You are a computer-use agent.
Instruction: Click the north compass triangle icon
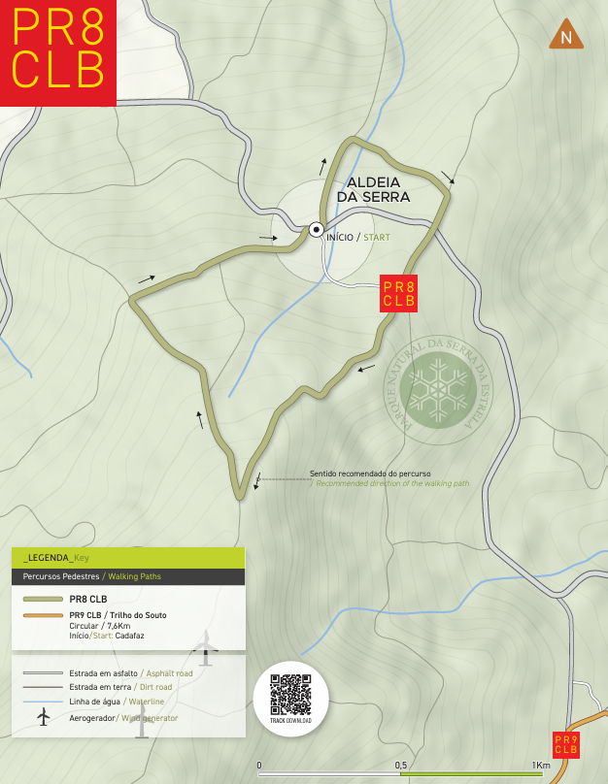point(565,36)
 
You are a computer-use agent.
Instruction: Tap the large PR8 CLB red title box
point(58,52)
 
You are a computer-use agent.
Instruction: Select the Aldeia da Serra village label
point(373,189)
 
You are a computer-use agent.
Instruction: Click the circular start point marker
point(316,230)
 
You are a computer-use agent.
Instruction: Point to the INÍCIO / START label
point(358,237)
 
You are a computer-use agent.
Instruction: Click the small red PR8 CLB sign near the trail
point(398,294)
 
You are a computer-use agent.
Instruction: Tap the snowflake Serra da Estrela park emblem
point(438,384)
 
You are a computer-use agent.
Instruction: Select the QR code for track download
point(290,694)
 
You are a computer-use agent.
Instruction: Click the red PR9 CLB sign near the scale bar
point(566,745)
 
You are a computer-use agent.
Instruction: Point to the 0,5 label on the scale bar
point(401,766)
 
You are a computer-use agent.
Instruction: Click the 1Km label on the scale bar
point(541,766)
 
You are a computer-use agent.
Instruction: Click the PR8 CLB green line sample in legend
point(42,600)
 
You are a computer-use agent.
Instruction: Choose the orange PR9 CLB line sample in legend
point(42,616)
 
